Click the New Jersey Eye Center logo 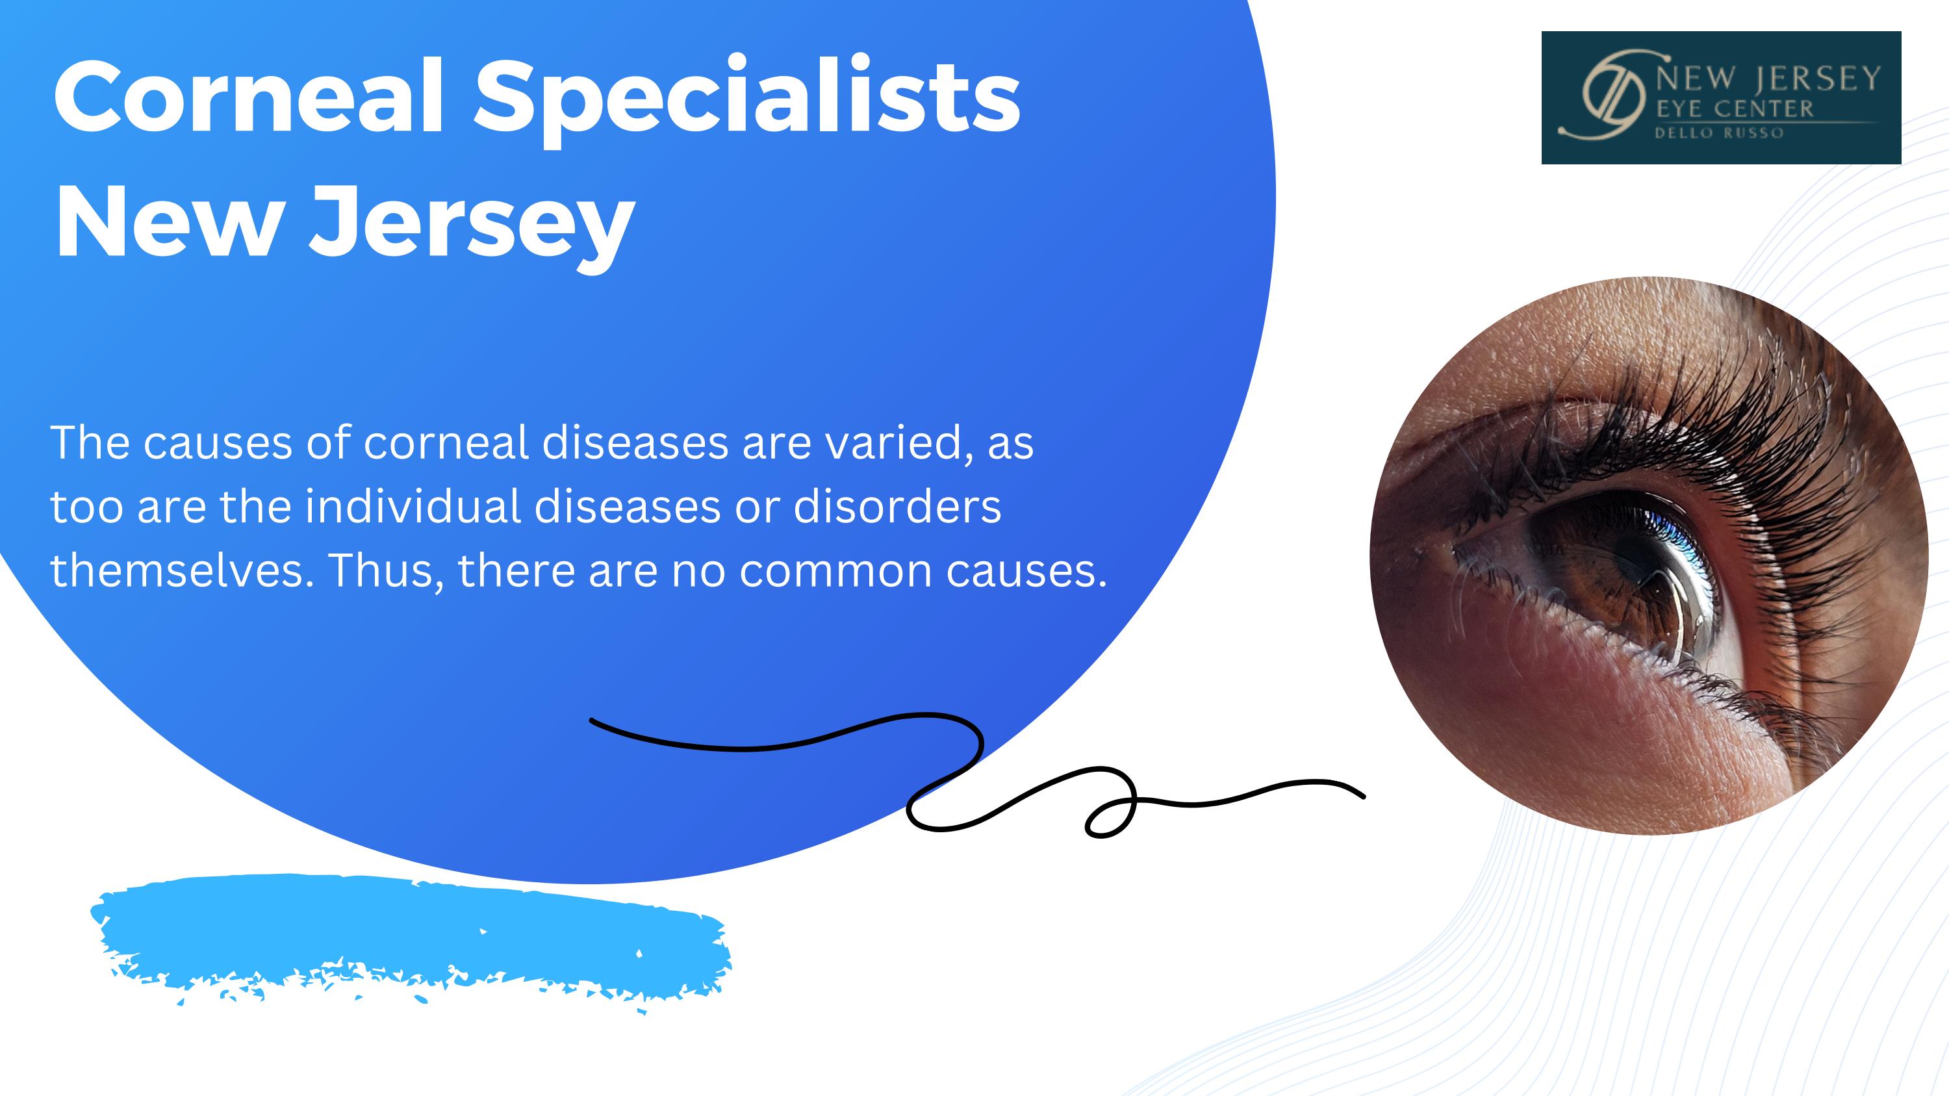(1721, 97)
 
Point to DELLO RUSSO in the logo (1719, 133)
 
